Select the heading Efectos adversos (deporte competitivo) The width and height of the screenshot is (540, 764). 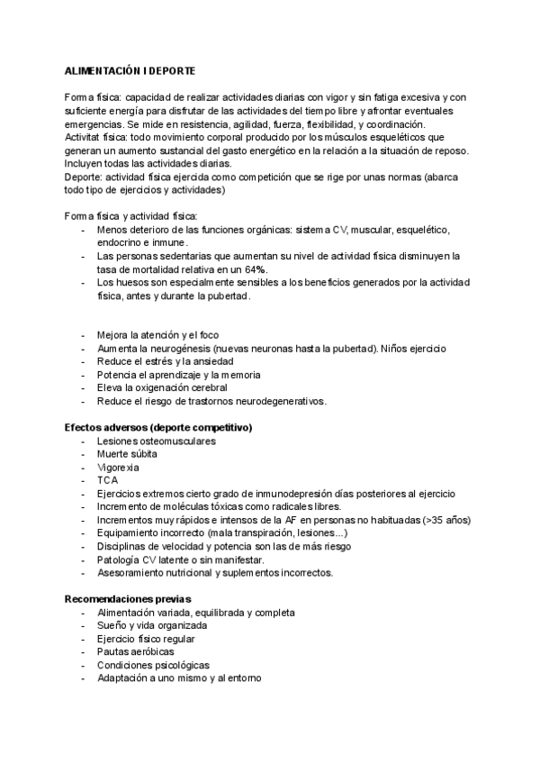(x=158, y=427)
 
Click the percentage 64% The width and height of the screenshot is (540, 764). (x=253, y=269)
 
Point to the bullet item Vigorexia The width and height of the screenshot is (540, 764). (x=118, y=467)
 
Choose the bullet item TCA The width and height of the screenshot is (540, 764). (x=108, y=480)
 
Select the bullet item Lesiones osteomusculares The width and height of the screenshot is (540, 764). (x=156, y=441)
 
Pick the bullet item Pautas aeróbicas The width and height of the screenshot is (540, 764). (x=135, y=651)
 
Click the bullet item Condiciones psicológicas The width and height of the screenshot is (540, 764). (x=148, y=665)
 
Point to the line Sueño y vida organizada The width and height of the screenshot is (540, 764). (x=152, y=625)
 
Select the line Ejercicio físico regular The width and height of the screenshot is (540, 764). (x=146, y=639)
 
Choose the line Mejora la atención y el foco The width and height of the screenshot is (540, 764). (x=157, y=334)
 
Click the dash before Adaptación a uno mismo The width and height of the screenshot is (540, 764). (x=84, y=678)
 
